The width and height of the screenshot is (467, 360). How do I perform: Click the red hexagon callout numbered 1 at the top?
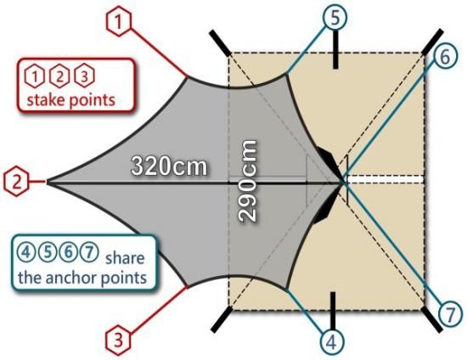tap(119, 23)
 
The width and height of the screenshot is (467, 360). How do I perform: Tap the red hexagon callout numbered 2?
tap(16, 181)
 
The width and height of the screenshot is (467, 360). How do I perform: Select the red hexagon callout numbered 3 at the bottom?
tap(119, 340)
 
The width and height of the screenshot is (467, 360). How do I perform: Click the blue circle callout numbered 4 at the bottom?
tap(332, 342)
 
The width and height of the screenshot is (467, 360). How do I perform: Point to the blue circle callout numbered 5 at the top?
tap(335, 18)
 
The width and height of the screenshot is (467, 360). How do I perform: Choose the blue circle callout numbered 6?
tap(445, 57)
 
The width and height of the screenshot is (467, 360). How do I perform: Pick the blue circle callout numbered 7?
tap(451, 314)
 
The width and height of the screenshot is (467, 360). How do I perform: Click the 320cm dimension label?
tap(169, 166)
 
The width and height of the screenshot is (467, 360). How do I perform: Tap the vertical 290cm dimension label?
tap(247, 181)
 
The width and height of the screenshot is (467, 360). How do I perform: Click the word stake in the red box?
tap(45, 99)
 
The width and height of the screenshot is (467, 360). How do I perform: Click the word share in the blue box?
tap(125, 258)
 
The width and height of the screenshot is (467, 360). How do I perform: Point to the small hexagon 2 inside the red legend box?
tap(59, 76)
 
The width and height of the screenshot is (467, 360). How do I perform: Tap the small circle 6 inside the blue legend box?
tap(69, 252)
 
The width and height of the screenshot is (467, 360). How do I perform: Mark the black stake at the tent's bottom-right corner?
tap(432, 319)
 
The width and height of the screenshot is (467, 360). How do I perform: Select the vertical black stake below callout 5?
tap(335, 49)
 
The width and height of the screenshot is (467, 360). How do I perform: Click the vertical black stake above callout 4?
tap(333, 311)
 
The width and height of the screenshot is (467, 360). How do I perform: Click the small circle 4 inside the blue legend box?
tap(26, 252)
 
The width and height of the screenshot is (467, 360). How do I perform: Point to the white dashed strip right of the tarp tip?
tap(386, 179)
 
